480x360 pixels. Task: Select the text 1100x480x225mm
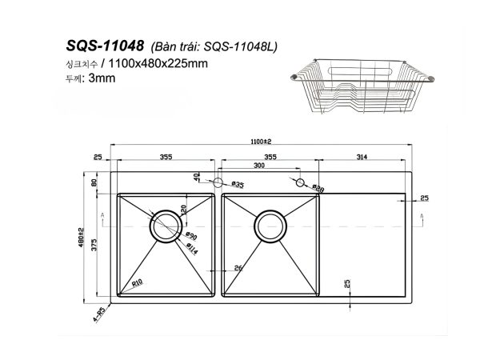(x=153, y=62)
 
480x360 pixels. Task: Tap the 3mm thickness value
(x=104, y=78)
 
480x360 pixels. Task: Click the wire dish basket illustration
(x=359, y=89)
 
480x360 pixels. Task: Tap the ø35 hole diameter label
(x=237, y=185)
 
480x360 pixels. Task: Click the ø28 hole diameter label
(x=318, y=190)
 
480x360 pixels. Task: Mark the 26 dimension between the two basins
(x=238, y=267)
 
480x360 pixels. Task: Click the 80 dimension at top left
(x=94, y=183)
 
